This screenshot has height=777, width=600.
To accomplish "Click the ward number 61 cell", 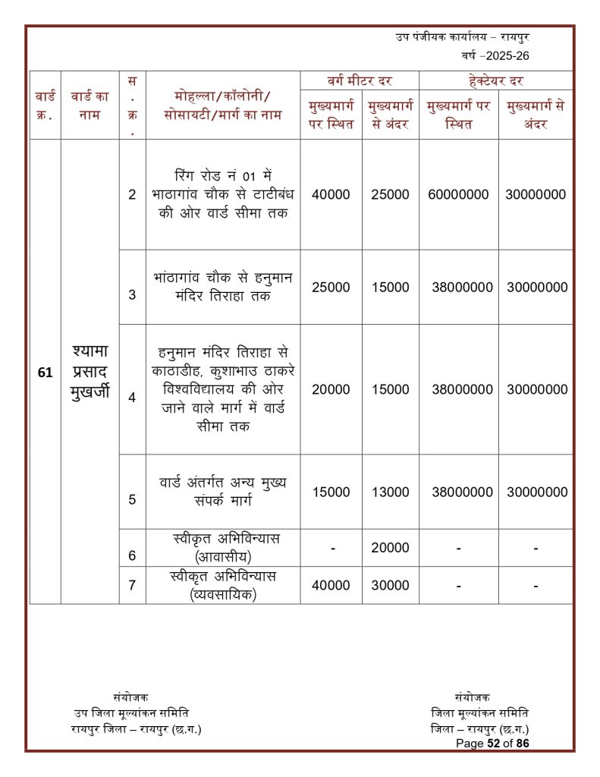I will [45, 372].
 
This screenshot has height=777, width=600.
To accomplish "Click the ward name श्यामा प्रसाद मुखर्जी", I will [90, 371].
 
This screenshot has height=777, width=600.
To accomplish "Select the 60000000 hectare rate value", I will [458, 194].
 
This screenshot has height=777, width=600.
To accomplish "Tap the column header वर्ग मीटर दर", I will [360, 80].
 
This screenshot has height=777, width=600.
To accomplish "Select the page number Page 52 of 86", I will [492, 744].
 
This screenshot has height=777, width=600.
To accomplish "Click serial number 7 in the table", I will [132, 586].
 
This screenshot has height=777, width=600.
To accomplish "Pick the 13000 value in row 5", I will [390, 492].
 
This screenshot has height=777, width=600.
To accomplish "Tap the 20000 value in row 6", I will [390, 548].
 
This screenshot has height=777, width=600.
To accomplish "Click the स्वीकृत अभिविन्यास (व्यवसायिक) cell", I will [223, 586].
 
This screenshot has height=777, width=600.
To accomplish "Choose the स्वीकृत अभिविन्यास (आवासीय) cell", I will [223, 547].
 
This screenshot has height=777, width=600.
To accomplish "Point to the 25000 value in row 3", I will [331, 287].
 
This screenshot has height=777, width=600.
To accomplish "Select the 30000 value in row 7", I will [390, 586].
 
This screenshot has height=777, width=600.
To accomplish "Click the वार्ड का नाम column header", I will [90, 105].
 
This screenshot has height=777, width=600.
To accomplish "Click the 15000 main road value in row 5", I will [331, 492].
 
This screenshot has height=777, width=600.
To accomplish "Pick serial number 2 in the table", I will [132, 194].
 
